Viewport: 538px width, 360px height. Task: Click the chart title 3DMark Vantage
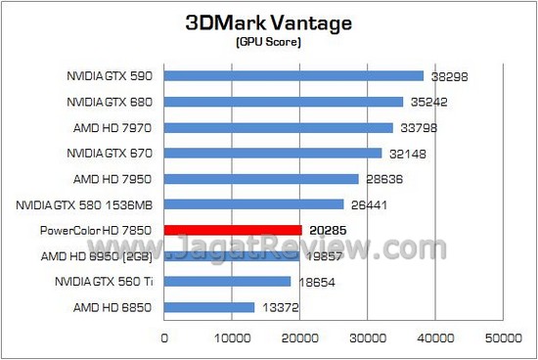pos(269,22)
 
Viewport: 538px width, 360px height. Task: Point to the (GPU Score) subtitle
pos(269,43)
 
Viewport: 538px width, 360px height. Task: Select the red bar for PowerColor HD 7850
pos(233,230)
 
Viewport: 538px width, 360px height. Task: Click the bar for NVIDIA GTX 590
pos(293,75)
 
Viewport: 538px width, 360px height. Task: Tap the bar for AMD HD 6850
pos(209,307)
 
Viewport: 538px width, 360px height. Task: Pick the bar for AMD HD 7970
pos(279,127)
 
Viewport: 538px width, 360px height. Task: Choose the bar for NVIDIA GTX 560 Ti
pos(227,282)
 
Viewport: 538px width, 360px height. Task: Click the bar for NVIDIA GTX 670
pos(273,153)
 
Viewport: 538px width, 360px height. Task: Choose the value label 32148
pos(408,153)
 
